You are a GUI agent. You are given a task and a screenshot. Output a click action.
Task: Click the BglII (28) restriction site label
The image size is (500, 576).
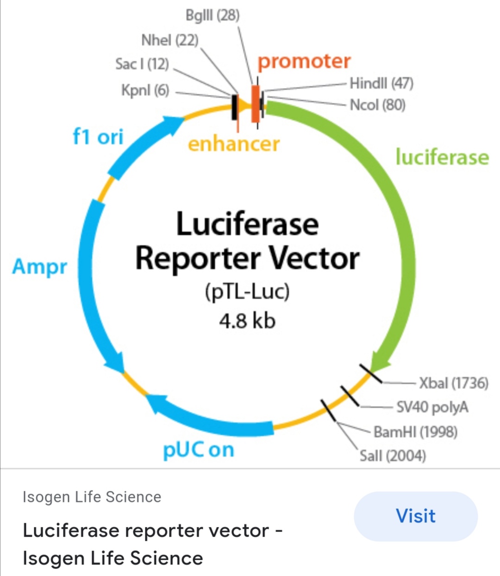pyautogui.click(x=212, y=15)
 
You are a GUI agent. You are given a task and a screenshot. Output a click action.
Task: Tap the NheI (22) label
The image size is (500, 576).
pyautogui.click(x=170, y=40)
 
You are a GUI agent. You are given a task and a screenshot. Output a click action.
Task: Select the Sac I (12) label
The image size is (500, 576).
pyautogui.click(x=142, y=64)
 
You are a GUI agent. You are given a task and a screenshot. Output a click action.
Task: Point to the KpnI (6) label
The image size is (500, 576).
pyautogui.click(x=145, y=90)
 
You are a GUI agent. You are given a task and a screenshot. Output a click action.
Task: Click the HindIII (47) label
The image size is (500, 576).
pyautogui.click(x=381, y=83)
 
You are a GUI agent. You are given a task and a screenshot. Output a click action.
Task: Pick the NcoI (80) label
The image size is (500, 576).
pyautogui.click(x=377, y=105)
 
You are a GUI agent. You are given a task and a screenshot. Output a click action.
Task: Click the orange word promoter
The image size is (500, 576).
pyautogui.click(x=304, y=62)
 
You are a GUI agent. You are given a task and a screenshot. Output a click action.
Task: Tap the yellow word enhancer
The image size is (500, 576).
pyautogui.click(x=233, y=144)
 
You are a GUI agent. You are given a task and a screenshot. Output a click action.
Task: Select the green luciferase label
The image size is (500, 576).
pyautogui.click(x=442, y=157)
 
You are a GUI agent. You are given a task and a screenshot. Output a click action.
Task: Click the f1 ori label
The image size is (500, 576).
pyautogui.click(x=98, y=137)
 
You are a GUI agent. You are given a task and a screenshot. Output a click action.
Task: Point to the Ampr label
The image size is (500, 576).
pyautogui.click(x=39, y=267)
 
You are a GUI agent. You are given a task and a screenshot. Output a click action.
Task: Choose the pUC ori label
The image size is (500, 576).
pyautogui.click(x=199, y=450)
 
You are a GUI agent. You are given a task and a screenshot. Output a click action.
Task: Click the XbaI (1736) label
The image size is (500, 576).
pyautogui.click(x=454, y=383)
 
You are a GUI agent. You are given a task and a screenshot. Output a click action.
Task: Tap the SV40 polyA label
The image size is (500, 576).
pyautogui.click(x=432, y=407)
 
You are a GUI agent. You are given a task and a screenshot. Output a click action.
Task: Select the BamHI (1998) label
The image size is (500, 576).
pyautogui.click(x=415, y=432)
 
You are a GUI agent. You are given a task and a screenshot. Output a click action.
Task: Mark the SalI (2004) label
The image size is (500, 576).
pyautogui.click(x=393, y=456)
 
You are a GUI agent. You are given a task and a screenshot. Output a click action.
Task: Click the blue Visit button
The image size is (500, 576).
pyautogui.click(x=415, y=516)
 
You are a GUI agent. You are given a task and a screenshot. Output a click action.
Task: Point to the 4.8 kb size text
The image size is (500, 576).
pyautogui.click(x=247, y=320)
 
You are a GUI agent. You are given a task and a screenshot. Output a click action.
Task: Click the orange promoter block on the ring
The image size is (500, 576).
pyautogui.click(x=255, y=104)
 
